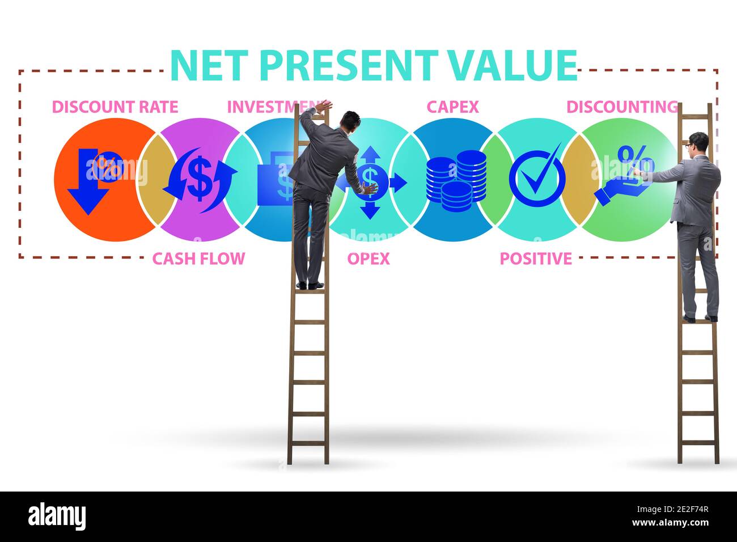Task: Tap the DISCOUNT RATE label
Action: point(115,107)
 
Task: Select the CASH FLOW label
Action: point(198,259)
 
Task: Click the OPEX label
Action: point(369,259)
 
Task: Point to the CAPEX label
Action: point(452,107)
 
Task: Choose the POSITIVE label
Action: point(536,259)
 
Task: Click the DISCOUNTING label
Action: point(622,107)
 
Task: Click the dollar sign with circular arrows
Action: point(199,179)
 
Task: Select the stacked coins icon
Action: point(456,179)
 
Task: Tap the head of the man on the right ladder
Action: point(698,142)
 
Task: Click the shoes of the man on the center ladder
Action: point(310,285)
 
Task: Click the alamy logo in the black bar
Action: point(57,516)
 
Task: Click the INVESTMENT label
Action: point(272,107)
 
